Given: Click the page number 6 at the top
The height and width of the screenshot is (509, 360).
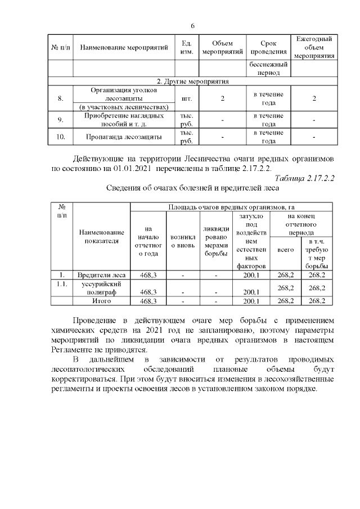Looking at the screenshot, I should (x=192, y=26).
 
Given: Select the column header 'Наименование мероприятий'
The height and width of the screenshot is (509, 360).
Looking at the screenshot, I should (x=124, y=48).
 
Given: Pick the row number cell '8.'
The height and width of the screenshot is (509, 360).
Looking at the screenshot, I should (x=60, y=99).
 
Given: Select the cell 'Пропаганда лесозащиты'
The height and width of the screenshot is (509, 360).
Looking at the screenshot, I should (x=124, y=137).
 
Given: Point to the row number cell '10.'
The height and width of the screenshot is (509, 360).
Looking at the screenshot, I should (x=60, y=137).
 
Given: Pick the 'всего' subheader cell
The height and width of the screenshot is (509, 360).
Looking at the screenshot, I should (x=286, y=249).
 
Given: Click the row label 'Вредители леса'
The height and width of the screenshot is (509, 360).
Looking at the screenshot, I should (x=101, y=275).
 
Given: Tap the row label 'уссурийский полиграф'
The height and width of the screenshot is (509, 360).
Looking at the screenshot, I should (x=101, y=288).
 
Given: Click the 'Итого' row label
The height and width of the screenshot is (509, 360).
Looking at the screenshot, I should (x=101, y=301).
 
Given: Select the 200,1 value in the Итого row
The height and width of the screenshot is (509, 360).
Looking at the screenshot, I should (x=250, y=301).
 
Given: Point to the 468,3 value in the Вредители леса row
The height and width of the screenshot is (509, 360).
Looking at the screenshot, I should (x=148, y=275).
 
